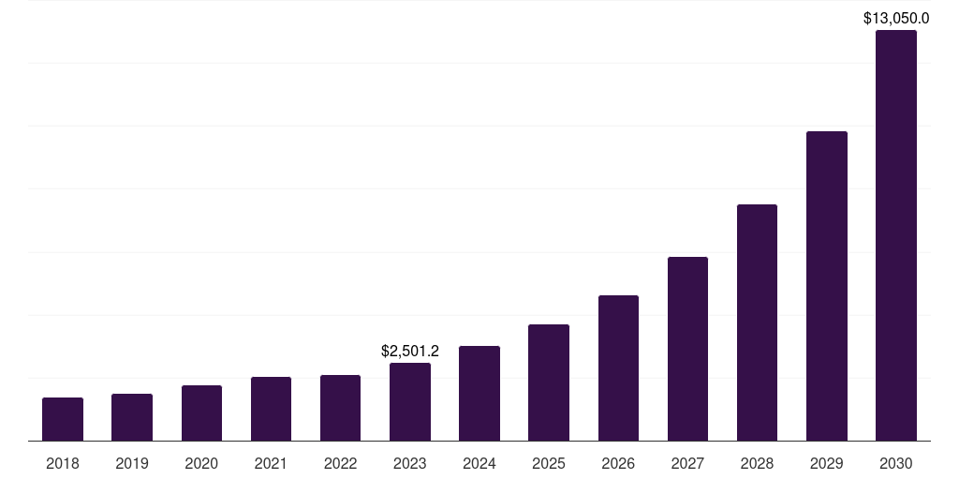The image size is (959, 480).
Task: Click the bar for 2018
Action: point(63,419)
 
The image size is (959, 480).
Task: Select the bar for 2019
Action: point(132,417)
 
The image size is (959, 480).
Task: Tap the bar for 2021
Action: point(271,409)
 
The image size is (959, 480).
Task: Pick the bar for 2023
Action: point(410,401)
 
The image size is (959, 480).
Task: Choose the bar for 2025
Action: point(549,382)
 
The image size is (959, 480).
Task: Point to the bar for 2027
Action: point(687,349)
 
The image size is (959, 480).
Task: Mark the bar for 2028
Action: point(757,322)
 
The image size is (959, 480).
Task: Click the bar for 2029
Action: point(826,286)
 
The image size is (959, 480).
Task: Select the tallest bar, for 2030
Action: point(896,235)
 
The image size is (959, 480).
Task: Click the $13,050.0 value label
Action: point(896,18)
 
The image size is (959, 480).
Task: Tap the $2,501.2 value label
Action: point(410,352)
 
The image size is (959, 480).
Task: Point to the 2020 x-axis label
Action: point(201,463)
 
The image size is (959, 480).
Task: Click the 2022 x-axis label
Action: point(341,463)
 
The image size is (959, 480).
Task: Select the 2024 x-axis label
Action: point(479,463)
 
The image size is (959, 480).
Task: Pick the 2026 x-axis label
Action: point(618,463)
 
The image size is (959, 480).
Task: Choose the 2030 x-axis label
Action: point(896,463)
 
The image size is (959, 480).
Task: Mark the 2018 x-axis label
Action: point(63,463)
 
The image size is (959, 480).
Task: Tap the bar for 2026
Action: point(618,367)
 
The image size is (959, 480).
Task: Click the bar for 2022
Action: point(341,408)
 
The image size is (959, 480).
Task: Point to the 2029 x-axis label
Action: point(826,463)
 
